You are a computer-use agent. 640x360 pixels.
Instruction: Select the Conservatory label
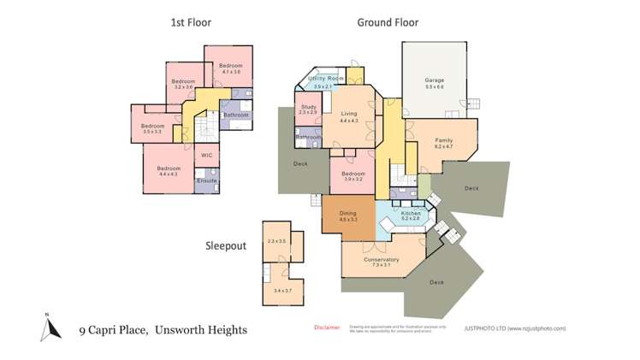(381, 262)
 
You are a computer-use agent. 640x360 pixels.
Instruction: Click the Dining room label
(348, 215)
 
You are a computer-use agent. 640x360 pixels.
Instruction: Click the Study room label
(308, 109)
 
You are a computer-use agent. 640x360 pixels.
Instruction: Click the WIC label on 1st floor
(206, 155)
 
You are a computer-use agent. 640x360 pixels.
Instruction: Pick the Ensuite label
(206, 181)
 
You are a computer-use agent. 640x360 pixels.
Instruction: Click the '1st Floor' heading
(191, 23)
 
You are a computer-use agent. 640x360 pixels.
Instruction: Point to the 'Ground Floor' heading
(388, 23)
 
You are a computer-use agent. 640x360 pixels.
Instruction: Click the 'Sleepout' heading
(225, 246)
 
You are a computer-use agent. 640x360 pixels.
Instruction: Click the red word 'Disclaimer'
(327, 328)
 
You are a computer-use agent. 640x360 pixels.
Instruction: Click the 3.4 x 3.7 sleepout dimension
(276, 291)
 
